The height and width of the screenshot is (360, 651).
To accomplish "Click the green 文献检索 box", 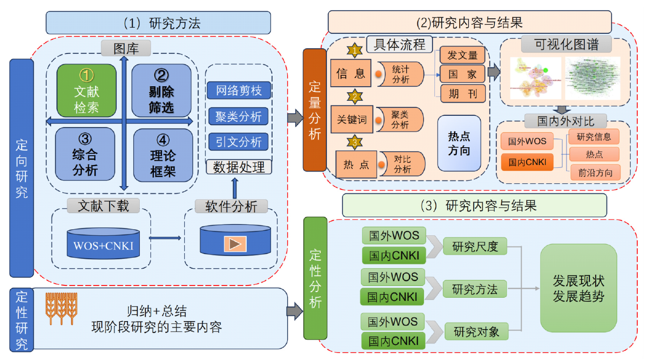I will tap(86, 90).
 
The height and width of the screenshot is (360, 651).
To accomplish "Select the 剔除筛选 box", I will tap(161, 90).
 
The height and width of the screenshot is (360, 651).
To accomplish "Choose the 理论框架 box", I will tap(163, 155).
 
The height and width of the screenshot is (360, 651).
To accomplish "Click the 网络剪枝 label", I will tap(239, 90).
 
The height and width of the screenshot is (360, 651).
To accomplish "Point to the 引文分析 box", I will tap(239, 141).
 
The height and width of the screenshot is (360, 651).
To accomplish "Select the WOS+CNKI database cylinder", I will tap(103, 243).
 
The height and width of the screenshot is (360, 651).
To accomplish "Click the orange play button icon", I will tap(235, 244).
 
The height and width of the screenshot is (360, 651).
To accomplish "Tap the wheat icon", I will tap(61, 308).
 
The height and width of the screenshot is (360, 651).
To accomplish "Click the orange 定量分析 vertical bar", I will tap(314, 110).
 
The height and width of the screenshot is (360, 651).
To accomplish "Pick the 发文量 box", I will tap(462, 55).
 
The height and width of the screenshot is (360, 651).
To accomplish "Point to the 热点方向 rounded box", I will tap(459, 143).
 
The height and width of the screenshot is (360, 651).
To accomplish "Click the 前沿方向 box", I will tap(595, 172).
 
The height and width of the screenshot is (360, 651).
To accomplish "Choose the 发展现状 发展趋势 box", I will tap(578, 288).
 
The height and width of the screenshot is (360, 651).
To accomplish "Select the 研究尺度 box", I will tap(475, 247).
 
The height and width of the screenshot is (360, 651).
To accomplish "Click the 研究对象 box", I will tap(476, 332).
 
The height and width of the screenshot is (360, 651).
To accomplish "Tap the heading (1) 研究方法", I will tap(158, 22).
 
